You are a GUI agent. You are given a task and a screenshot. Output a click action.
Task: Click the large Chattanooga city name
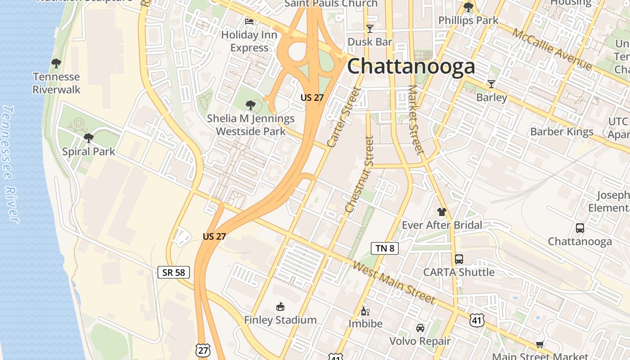point(411,67)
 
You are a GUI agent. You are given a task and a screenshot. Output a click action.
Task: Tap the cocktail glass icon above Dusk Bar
point(370,29)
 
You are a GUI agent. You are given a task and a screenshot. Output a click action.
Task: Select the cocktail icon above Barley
point(491,84)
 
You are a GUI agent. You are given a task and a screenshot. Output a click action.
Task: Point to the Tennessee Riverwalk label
point(56,83)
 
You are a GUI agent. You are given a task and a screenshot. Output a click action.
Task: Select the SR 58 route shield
point(174,272)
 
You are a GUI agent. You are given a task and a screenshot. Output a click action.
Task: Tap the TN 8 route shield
point(385,248)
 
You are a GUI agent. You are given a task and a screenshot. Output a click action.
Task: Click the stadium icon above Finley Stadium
point(280,307)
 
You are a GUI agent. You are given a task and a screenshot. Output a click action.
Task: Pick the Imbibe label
point(365,324)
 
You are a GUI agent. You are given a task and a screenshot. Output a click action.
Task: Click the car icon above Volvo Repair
point(420,328)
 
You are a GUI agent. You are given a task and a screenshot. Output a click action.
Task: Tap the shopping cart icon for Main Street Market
point(540,345)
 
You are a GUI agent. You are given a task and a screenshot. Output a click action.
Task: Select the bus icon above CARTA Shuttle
point(459,259)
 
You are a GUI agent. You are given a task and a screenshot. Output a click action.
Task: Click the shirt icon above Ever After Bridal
point(441,212)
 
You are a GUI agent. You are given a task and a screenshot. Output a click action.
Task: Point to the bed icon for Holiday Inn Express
point(249,21)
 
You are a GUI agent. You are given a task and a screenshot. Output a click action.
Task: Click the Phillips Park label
point(468,20)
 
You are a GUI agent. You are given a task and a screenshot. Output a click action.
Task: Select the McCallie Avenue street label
point(551,49)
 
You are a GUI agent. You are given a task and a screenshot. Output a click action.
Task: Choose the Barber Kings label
point(562,132)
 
